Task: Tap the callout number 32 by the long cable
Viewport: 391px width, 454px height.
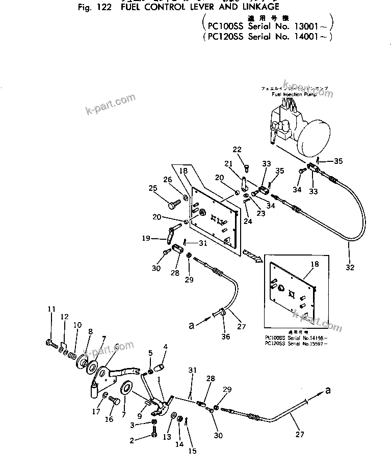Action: [350, 267]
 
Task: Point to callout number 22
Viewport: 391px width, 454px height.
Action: [237, 149]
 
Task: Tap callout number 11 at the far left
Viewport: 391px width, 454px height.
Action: [51, 309]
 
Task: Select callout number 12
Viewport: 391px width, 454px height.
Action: [64, 317]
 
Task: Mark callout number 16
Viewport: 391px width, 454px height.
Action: [110, 419]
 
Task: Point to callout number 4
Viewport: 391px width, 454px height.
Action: [165, 347]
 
